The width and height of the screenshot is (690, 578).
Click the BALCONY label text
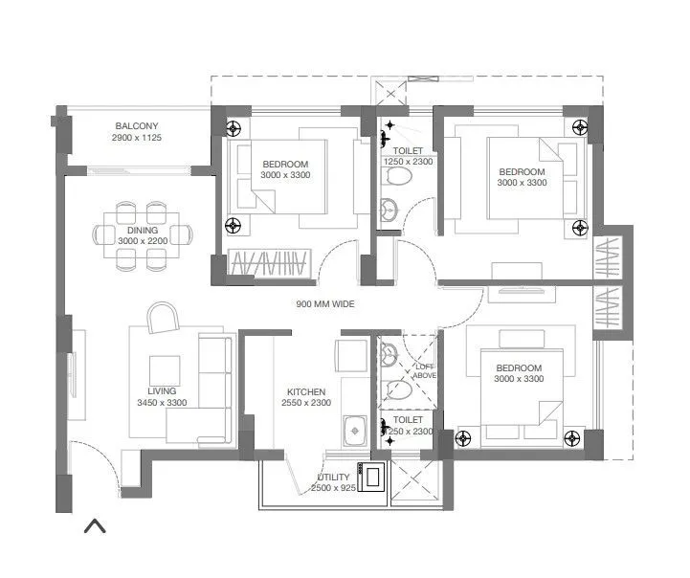(x=137, y=126)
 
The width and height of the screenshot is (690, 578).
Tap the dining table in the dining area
(x=144, y=234)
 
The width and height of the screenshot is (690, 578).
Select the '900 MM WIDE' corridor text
(x=324, y=303)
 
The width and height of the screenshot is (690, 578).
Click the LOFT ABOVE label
(x=424, y=371)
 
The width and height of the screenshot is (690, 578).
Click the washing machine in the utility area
(x=371, y=475)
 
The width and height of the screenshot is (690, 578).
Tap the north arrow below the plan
(x=95, y=525)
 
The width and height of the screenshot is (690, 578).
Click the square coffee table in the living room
(x=164, y=369)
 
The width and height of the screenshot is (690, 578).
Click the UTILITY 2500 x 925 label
(x=332, y=483)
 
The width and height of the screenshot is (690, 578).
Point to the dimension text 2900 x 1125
(x=137, y=138)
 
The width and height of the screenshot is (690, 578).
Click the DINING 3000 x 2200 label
(x=144, y=235)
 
